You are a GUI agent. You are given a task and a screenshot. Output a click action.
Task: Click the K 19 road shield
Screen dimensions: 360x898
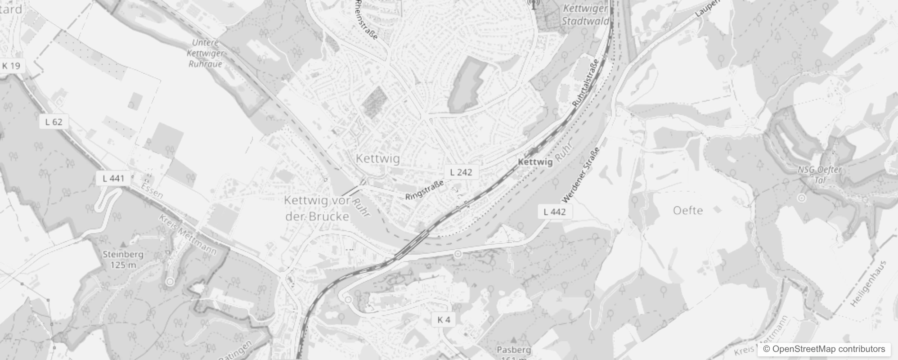(11, 66)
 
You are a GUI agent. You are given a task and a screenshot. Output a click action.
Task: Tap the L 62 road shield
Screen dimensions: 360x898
(54, 121)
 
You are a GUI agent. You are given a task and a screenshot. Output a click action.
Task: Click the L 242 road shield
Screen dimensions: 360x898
(461, 172)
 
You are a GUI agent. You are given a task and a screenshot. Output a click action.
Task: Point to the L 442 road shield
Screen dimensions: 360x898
(555, 211)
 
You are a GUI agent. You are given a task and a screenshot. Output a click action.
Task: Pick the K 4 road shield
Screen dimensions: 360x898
(443, 319)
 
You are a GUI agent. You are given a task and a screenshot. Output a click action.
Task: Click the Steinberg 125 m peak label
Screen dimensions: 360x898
(123, 259)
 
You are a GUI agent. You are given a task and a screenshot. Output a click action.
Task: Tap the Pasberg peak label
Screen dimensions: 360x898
(514, 350)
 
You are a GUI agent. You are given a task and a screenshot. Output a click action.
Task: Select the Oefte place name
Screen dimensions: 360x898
(688, 210)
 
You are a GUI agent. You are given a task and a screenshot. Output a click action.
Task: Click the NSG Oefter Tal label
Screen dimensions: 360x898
(820, 175)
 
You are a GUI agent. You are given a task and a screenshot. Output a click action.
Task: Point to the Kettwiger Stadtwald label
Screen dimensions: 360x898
(585, 14)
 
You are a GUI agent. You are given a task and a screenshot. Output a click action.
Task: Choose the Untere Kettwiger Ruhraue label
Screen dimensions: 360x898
(206, 53)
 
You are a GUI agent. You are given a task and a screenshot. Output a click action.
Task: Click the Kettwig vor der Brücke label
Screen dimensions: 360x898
(317, 208)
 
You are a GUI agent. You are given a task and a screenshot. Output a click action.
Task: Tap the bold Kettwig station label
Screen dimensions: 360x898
(535, 162)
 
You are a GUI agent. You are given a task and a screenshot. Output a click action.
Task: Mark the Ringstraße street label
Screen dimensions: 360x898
(424, 190)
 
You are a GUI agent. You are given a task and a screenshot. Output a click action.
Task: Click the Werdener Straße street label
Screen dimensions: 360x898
(581, 175)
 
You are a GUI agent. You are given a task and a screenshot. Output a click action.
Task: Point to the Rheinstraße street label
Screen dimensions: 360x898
(366, 19)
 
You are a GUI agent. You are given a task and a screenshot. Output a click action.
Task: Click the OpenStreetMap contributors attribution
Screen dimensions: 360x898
(824, 349)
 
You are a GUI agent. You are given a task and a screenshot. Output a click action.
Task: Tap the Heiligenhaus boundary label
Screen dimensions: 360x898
(868, 283)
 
